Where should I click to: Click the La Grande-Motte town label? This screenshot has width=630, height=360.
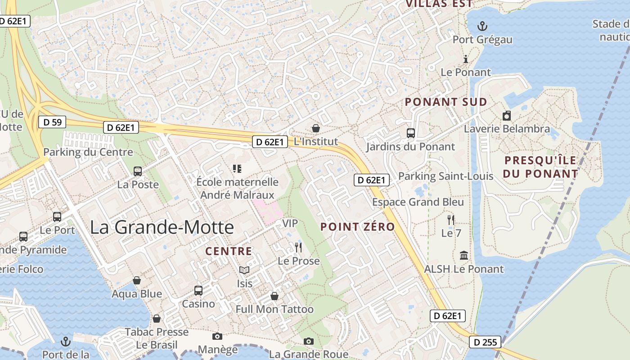coord(162,227)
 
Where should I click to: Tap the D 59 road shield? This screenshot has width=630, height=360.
coord(52,122)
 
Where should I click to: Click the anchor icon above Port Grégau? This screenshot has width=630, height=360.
coord(482,26)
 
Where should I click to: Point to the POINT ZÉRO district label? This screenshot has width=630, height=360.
coord(358,227)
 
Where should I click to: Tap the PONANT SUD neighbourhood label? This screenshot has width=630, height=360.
coord(446,102)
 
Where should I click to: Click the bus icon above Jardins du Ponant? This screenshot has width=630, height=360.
coord(410,133)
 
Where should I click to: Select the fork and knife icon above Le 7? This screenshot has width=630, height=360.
coord(451,220)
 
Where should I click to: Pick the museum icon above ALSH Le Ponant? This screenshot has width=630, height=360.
coord(464,256)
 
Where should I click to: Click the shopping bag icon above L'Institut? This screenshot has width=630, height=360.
coord(316,128)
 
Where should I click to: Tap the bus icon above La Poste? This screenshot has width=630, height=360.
coord(138,171)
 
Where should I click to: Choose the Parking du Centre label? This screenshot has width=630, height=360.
coord(88,152)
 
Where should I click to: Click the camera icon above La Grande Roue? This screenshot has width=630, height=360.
coord(308,341)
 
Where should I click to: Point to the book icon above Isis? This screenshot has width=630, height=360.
coord(244,270)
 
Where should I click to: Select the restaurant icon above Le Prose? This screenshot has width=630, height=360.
coord(298,247)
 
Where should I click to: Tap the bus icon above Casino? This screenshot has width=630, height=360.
coord(198,291)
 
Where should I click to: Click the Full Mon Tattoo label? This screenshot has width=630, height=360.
coord(274,310)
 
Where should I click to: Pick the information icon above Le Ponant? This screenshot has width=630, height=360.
coord(466,59)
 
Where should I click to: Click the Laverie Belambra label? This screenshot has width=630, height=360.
coord(507,129)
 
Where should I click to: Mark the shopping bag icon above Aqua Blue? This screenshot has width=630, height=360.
coord(137,281)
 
